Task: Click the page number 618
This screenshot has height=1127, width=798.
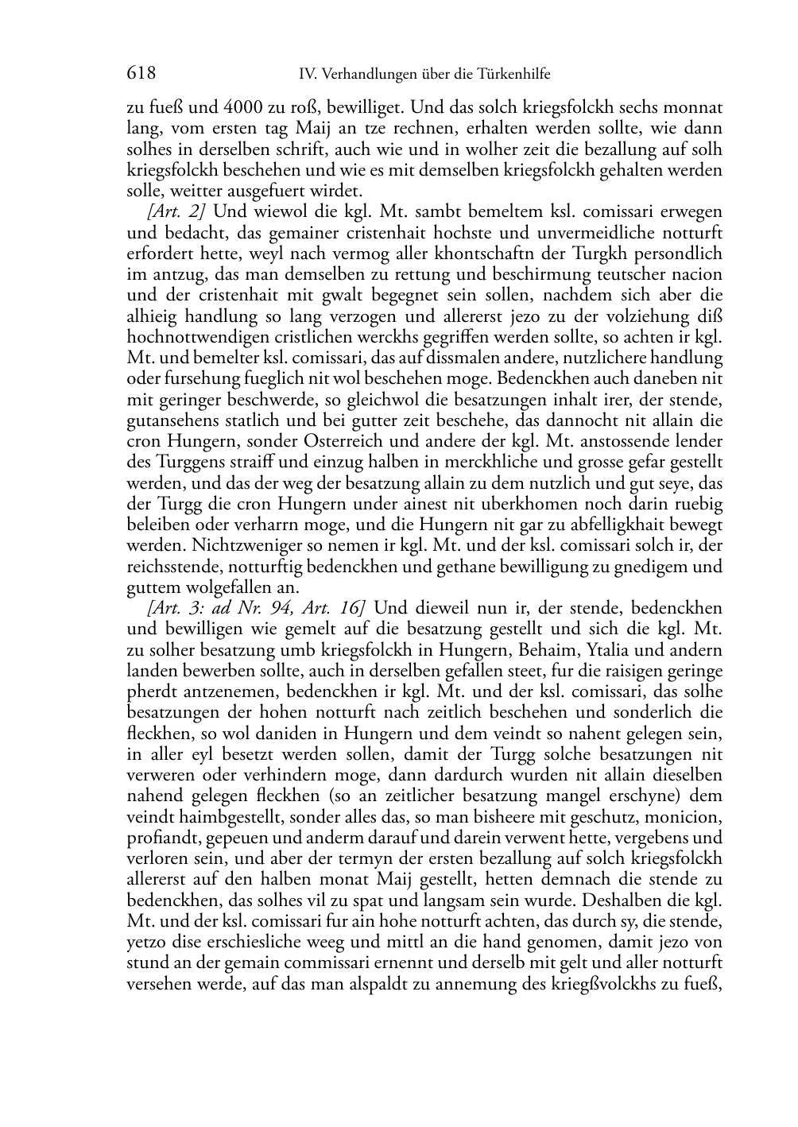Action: point(141,74)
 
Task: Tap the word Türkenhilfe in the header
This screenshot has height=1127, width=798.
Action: point(513,75)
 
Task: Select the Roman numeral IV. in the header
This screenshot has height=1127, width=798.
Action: point(308,75)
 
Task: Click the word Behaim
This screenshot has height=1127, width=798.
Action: point(544,649)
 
